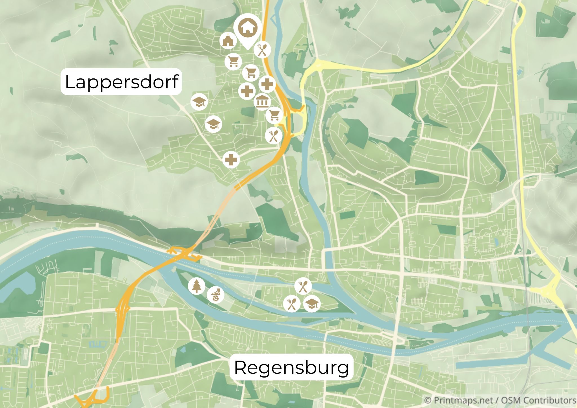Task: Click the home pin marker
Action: pos(248,28)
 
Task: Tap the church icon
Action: pos(228,40)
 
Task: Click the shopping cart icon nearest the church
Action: pos(233,62)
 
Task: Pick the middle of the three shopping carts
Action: pos(250,73)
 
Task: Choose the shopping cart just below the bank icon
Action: pos(274,115)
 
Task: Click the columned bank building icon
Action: pos(262,102)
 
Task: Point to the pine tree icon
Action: pos(197,286)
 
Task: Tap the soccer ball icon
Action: pos(216,295)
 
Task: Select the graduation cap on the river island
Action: pos(312,304)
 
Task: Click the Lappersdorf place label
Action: pos(121,82)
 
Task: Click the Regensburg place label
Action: pos(291,367)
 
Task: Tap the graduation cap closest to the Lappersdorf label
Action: pos(199,102)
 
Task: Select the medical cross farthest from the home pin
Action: pos(231,160)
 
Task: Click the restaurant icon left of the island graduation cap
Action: pos(292,304)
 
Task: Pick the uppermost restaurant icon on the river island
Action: pos(303,286)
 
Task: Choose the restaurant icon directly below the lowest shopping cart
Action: pos(274,136)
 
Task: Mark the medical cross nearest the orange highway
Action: pos(267,84)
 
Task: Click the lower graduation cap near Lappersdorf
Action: pos(214,124)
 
